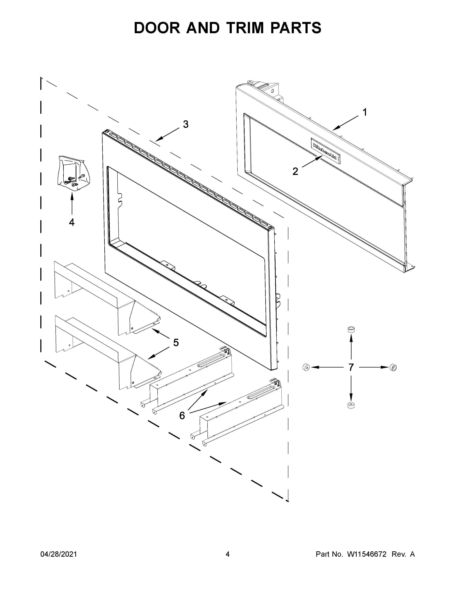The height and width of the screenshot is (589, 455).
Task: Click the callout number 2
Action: (295, 171)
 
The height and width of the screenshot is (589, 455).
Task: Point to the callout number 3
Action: (186, 124)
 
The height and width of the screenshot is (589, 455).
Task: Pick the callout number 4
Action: (72, 222)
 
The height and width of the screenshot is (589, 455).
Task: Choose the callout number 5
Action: (176, 343)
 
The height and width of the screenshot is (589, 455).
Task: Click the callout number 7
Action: (351, 367)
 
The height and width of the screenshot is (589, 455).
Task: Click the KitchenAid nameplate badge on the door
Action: (325, 151)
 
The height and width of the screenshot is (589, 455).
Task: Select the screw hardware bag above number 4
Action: (73, 173)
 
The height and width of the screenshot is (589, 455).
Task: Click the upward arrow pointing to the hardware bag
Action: (72, 204)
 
